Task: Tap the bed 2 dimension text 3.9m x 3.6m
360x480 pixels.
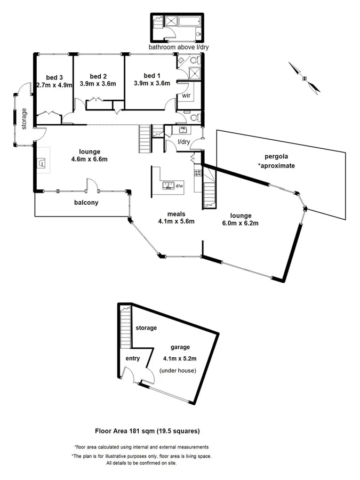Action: click(98, 84)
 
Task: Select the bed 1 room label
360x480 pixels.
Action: click(151, 75)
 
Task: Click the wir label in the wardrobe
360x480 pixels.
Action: click(186, 96)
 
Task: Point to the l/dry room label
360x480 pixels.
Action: click(183, 142)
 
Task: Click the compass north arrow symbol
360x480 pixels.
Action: click(304, 78)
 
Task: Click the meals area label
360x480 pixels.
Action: click(176, 213)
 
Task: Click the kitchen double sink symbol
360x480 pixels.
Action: click(167, 185)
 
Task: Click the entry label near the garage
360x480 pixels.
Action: click(132, 358)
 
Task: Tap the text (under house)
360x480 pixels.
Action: click(178, 370)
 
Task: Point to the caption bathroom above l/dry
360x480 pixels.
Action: click(178, 47)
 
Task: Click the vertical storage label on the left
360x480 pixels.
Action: click(24, 119)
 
